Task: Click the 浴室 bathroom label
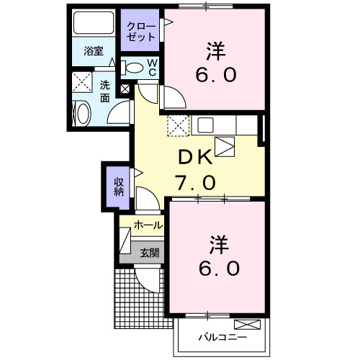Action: (x=94, y=51)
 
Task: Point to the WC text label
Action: (x=153, y=67)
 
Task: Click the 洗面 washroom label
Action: (x=106, y=91)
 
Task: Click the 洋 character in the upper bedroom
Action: (x=214, y=51)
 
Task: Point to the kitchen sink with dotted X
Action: (x=178, y=125)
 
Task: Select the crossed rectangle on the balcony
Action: (x=246, y=324)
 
